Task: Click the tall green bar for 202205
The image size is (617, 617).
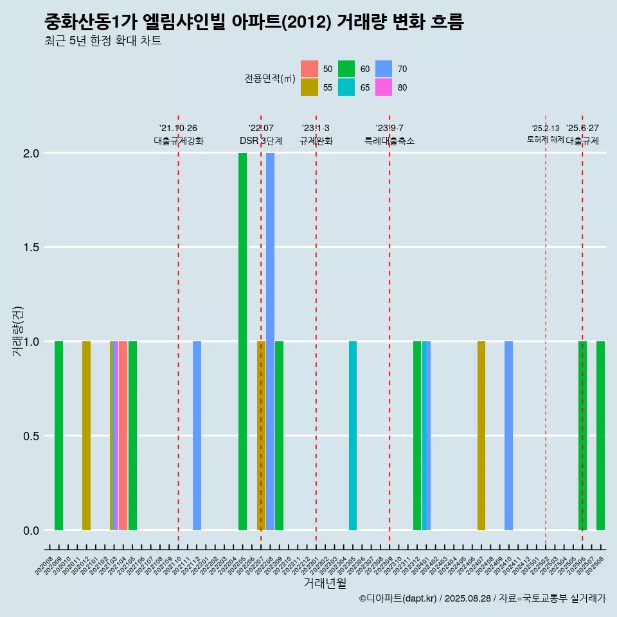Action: pos(242,341)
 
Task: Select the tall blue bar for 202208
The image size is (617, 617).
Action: pos(270,341)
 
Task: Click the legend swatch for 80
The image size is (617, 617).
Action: pos(384,87)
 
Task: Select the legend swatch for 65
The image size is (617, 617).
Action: pos(346,87)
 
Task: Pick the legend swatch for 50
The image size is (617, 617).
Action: pos(309,69)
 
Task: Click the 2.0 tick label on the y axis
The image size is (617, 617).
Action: pos(31,154)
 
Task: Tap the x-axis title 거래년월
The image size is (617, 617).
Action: pos(325,583)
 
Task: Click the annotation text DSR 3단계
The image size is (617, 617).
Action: pos(261,141)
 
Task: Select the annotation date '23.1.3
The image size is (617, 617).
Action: pos(316,128)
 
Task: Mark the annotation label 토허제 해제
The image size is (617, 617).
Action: pos(545,139)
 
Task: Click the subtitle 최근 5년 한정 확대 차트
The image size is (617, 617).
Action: pos(103,41)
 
